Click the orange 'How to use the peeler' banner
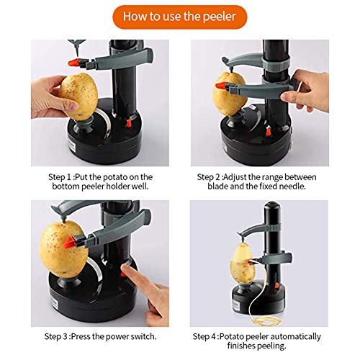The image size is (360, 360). [x=179, y=15]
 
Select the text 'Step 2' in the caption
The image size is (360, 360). [x=211, y=176]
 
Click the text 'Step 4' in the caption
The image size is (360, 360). [x=208, y=336]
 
